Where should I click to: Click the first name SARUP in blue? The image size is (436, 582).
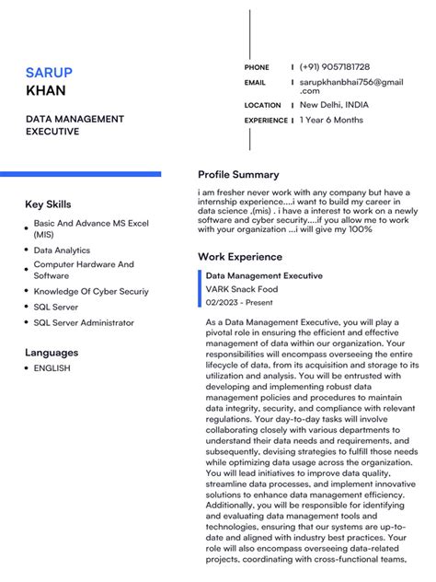point(49,73)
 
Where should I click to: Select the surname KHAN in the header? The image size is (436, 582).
point(45,91)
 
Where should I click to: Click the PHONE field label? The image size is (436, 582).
point(257,68)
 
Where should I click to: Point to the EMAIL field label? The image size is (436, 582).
point(255,83)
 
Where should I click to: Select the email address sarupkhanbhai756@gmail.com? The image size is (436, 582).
point(350,87)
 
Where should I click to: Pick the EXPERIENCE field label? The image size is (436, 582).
point(266,121)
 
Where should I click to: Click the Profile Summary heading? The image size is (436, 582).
point(238,175)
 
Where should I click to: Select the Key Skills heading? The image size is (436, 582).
point(48,204)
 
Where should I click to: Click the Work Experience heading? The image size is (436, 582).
point(240,257)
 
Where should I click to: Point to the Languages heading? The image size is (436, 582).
point(52,353)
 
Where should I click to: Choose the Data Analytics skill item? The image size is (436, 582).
point(62,250)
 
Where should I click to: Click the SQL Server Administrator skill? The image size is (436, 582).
point(84,323)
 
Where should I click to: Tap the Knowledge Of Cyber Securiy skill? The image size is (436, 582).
point(91,292)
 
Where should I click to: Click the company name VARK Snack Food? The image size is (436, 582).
point(241,289)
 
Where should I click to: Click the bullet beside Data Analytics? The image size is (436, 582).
point(26,250)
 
